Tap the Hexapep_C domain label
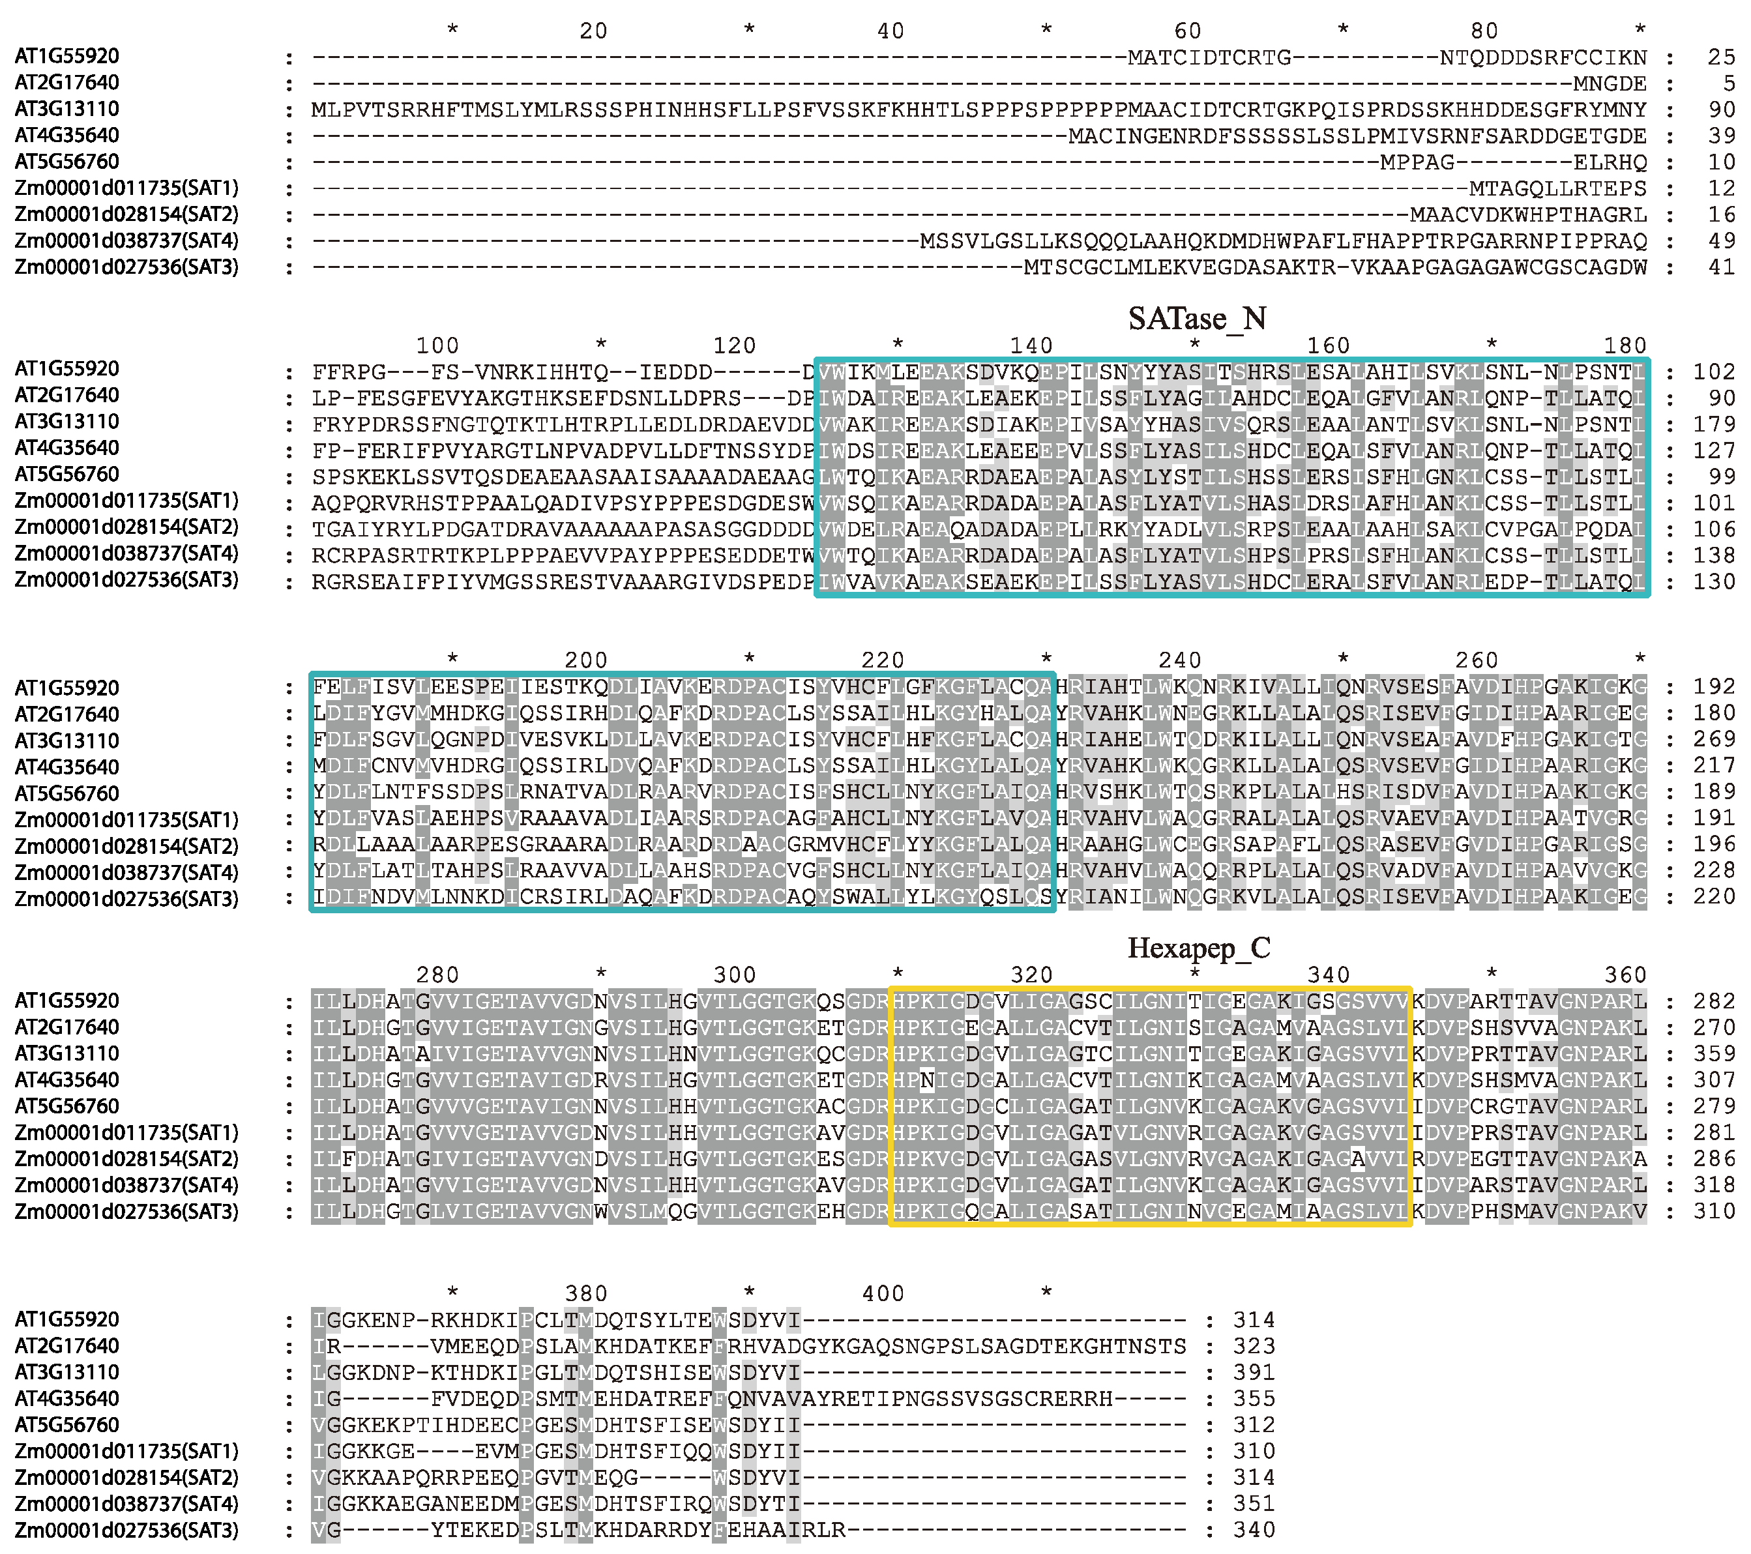tap(1198, 948)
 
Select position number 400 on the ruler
tap(883, 1293)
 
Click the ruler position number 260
tap(1476, 660)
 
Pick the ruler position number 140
tap(1031, 346)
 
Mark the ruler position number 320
tap(1031, 975)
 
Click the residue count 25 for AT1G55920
tap(1721, 57)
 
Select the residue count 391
tap(1254, 1372)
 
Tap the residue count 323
tap(1254, 1346)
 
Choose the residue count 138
tap(1714, 555)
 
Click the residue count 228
tap(1714, 872)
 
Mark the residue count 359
tap(1714, 1053)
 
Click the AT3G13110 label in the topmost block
tap(66, 109)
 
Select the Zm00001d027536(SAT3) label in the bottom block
tap(126, 1530)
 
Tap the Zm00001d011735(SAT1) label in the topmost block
tap(126, 188)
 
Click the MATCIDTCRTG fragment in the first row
tap(1209, 57)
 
